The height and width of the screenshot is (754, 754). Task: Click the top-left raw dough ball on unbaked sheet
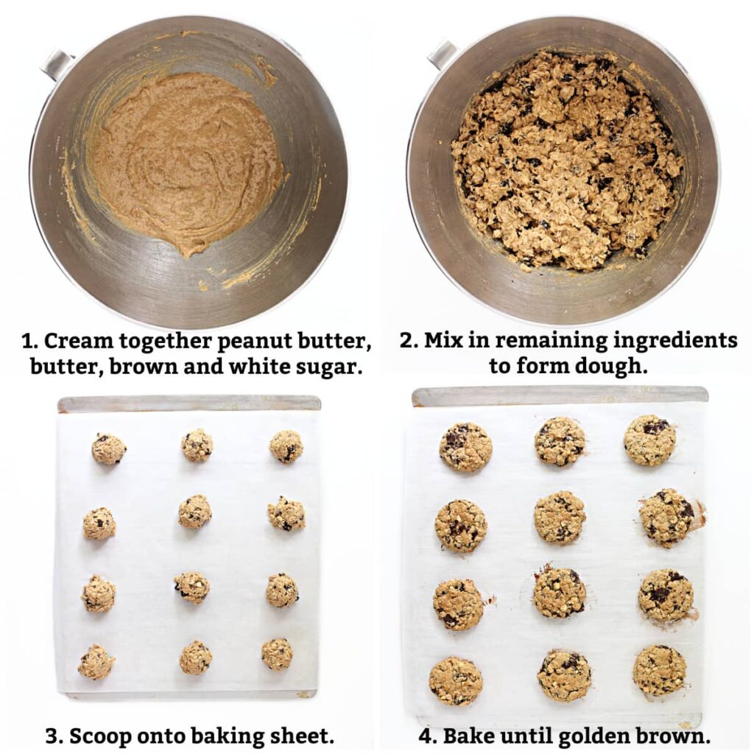[108, 448]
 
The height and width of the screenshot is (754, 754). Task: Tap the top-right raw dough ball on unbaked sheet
[286, 446]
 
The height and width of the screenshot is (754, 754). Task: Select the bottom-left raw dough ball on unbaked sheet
[96, 662]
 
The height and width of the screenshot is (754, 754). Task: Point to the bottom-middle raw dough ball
[196, 658]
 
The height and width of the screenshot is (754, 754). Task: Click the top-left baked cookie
[465, 447]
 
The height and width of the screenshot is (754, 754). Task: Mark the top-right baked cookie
[649, 440]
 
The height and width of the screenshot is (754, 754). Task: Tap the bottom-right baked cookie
[659, 670]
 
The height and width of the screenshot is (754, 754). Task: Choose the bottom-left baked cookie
[456, 681]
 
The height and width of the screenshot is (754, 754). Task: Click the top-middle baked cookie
[560, 441]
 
